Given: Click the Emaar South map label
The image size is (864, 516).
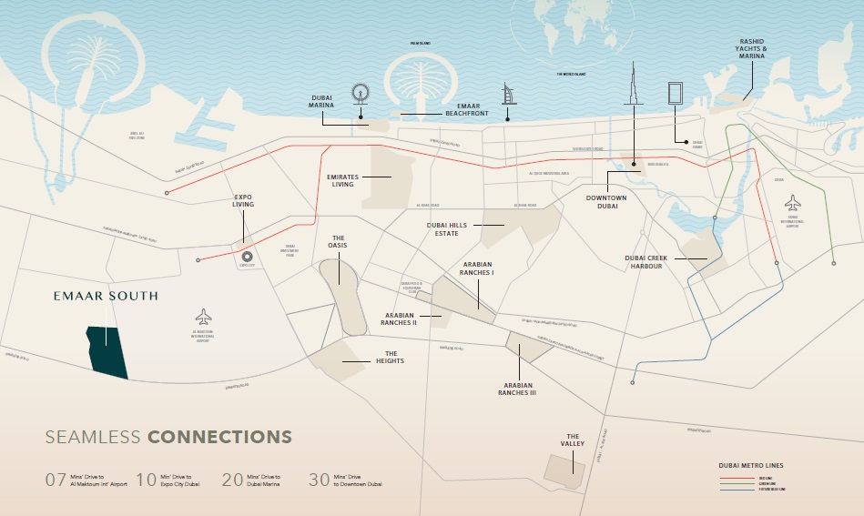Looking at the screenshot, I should (x=105, y=296).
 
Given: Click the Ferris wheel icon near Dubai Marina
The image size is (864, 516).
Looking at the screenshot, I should (x=361, y=95).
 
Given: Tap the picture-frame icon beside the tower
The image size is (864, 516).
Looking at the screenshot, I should (x=676, y=96).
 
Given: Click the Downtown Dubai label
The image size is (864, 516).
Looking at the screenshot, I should (x=602, y=201).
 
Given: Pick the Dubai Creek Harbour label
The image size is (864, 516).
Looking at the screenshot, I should (x=646, y=262).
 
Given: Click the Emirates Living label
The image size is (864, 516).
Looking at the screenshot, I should (x=341, y=179).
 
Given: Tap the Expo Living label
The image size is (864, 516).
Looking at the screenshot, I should (x=243, y=200).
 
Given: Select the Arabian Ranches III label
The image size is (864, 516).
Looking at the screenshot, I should (x=517, y=390).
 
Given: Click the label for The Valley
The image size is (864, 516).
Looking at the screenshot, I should (x=573, y=440).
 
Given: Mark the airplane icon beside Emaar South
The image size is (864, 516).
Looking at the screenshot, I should (x=203, y=317).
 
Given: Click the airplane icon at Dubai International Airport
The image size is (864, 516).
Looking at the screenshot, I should (x=792, y=202).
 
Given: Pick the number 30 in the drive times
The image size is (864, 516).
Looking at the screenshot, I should (x=320, y=481).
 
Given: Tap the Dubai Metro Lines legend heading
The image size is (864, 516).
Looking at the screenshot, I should (x=750, y=465).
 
